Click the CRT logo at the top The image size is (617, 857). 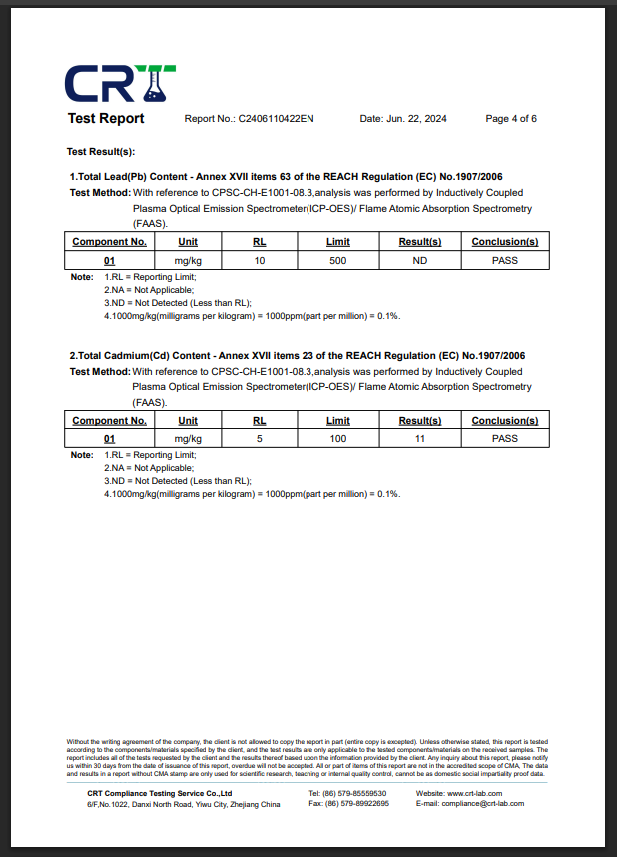point(121,83)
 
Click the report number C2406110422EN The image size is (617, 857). point(276,119)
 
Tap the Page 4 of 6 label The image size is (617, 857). point(511,119)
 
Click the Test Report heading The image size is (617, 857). point(106,119)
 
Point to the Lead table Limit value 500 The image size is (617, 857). point(338,261)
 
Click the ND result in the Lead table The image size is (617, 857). point(420,261)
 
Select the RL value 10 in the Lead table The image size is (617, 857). point(260,261)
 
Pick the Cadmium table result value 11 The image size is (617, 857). point(420,438)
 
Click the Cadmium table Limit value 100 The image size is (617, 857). point(338,438)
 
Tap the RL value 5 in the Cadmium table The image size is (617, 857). point(260,438)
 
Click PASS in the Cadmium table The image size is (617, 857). point(505,438)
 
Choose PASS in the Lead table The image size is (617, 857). point(505,261)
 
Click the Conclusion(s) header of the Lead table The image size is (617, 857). point(505,242)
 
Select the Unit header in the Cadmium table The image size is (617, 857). point(188,421)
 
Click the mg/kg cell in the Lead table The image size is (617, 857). point(188,261)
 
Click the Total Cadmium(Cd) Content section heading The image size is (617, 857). point(297,356)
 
